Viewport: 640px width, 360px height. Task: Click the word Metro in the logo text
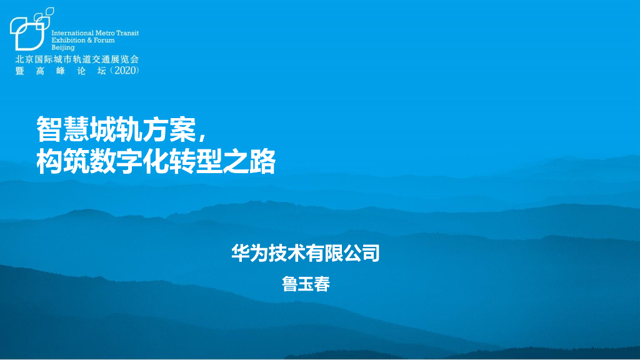(x=104, y=33)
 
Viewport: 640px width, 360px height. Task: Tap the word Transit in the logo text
(x=127, y=33)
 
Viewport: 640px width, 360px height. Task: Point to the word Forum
(x=105, y=40)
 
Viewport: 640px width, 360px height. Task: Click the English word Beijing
(x=63, y=47)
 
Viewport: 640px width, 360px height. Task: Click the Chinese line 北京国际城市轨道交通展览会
(x=77, y=59)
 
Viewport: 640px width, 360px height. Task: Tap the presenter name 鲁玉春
(x=306, y=284)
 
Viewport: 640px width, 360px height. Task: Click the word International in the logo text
(x=71, y=33)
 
